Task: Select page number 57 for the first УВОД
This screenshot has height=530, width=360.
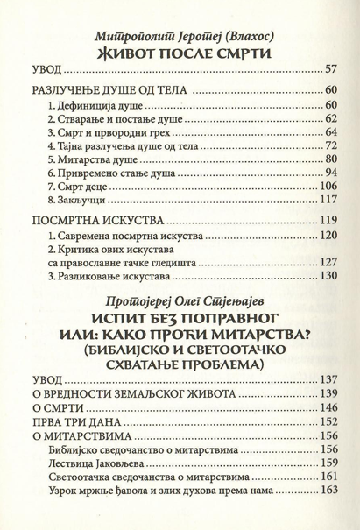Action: click(330, 69)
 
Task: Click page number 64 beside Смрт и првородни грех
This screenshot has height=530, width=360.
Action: click(330, 131)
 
